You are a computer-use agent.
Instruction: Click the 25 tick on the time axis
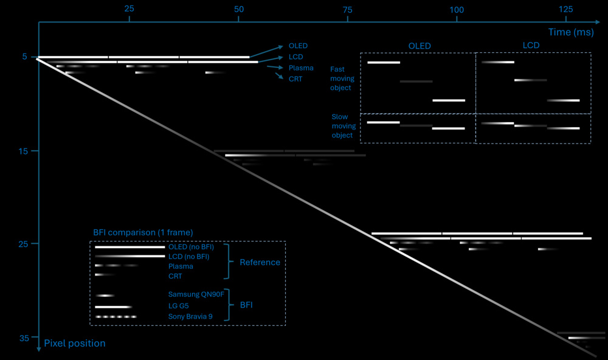[x=129, y=9]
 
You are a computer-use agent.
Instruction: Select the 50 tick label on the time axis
[x=238, y=9]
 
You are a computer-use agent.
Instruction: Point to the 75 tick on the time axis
[x=347, y=9]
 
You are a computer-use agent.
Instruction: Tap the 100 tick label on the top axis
[x=456, y=9]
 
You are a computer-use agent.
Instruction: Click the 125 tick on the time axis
[x=565, y=9]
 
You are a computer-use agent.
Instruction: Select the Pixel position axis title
[x=74, y=344]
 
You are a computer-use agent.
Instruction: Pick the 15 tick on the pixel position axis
[x=24, y=151]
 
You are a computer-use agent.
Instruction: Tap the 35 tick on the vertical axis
[x=24, y=337]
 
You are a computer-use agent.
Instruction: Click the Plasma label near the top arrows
[x=301, y=68]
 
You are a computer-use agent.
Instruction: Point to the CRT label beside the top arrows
[x=295, y=79]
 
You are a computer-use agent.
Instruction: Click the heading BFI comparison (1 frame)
[x=143, y=232]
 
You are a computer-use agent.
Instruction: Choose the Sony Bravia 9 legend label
[x=190, y=317]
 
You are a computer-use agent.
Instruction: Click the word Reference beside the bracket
[x=260, y=263]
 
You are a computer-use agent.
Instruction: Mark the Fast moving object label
[x=342, y=78]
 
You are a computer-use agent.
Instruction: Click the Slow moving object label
[x=344, y=126]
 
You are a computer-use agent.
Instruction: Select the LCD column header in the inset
[x=531, y=46]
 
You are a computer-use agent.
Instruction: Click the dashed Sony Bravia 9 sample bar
[x=116, y=317]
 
